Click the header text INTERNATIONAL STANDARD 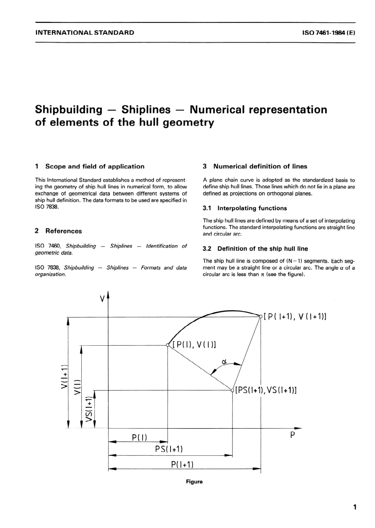pos(84,33)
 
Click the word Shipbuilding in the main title pos(68,109)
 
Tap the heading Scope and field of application pos(95,167)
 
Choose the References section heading pos(64,231)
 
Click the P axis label pos(292,436)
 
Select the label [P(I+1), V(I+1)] pos(295,316)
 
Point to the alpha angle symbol pos(224,361)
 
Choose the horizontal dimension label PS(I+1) pos(169,449)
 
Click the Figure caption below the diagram pos(194,482)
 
